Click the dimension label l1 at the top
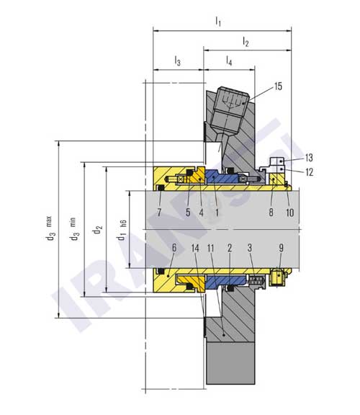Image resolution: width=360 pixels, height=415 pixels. click(218, 22)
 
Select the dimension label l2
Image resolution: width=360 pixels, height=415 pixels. click(246, 43)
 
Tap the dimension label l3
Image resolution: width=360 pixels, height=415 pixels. click(177, 62)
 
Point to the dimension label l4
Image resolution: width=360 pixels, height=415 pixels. click(229, 62)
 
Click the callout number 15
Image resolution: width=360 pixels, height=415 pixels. click(278, 87)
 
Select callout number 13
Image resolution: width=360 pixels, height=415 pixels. click(309, 158)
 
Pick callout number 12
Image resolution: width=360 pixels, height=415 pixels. click(309, 171)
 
